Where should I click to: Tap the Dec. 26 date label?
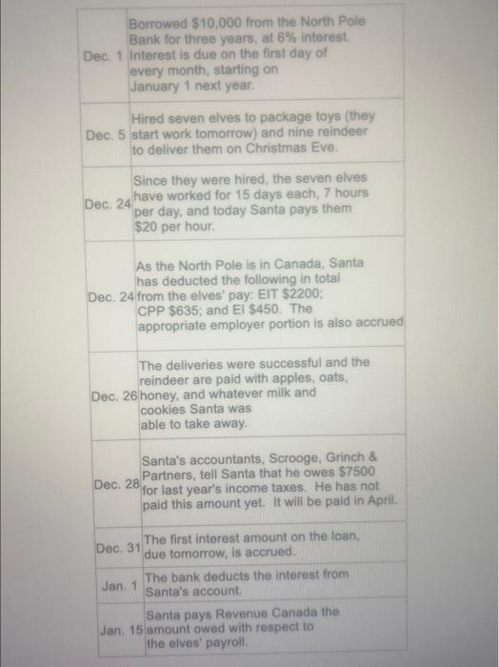coord(112,394)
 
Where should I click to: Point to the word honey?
coord(158,394)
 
